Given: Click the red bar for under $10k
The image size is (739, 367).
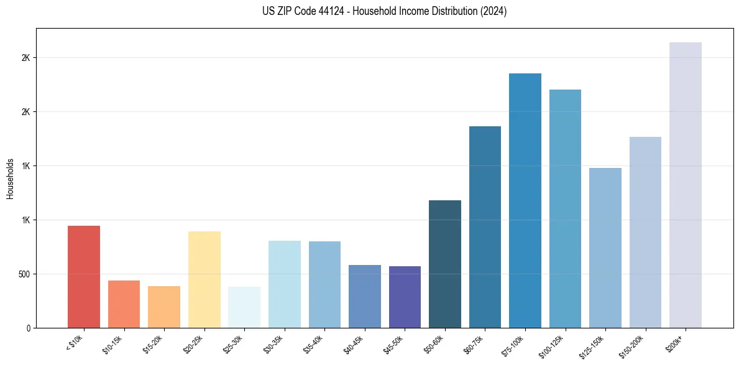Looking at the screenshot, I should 84,277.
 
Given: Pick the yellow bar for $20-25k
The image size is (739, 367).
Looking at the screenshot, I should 204,279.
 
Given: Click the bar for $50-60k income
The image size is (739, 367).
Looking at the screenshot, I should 445,264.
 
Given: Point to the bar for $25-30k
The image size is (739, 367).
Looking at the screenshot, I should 244,307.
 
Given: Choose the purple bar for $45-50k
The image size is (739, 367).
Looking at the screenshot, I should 405,297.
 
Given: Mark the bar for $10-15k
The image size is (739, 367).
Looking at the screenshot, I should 124,304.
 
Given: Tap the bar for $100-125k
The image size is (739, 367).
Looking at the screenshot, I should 565,208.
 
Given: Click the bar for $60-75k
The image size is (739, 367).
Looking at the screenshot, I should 485,227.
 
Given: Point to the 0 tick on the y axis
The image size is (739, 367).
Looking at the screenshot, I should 28,328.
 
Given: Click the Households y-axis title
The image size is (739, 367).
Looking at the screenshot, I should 11,179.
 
